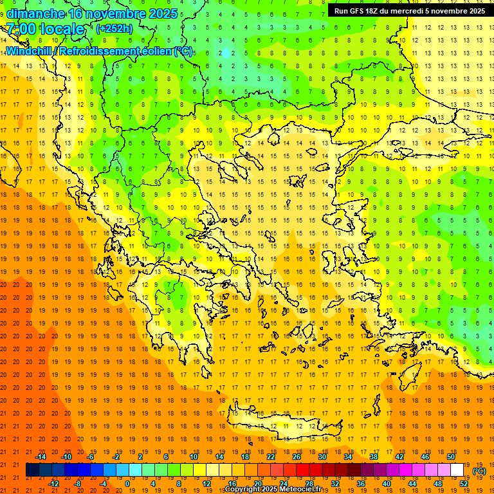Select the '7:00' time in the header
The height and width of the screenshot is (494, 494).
21,28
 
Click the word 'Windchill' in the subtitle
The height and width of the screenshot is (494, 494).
30,51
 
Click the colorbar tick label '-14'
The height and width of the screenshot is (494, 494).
41,456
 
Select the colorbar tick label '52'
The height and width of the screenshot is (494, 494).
464,484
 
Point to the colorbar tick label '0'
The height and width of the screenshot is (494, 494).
127,484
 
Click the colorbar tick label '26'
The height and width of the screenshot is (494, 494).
297,456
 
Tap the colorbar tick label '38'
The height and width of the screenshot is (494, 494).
374,456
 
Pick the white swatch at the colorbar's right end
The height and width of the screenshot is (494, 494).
457,470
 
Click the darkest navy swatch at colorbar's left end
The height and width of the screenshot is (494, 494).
32,470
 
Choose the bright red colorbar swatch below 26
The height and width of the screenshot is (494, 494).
302,470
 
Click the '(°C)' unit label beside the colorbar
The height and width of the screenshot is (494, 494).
479,470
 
